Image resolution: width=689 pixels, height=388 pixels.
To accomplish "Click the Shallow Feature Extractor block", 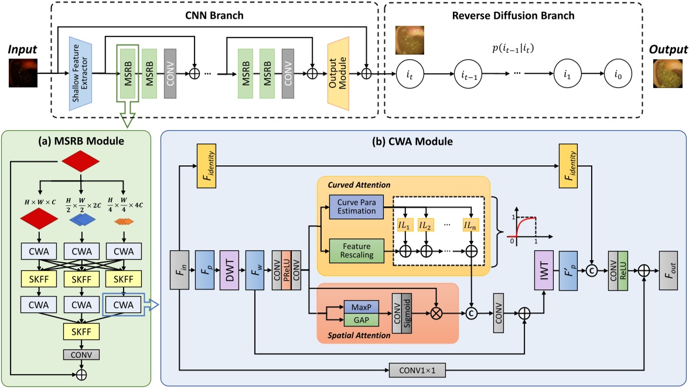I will click(82, 73).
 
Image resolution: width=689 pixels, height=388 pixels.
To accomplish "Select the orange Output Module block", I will click(339, 73).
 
